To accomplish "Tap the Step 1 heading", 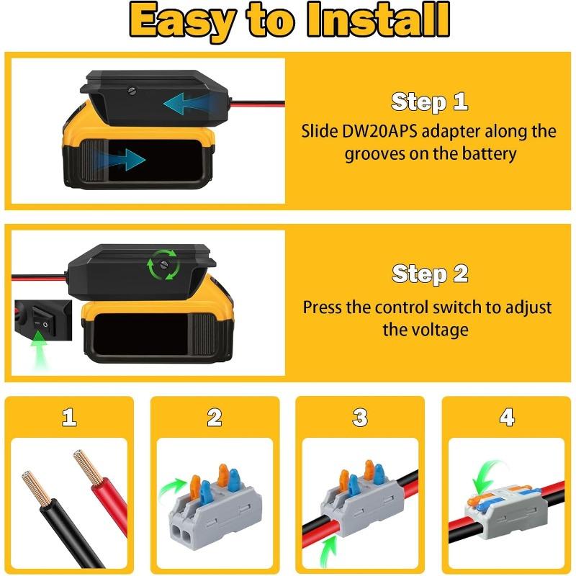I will coord(429,102).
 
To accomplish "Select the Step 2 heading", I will coord(429,274).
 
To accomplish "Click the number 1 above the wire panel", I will coord(69,418).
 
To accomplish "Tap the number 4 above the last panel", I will coord(507,418).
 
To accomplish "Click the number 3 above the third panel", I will coord(360,418).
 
